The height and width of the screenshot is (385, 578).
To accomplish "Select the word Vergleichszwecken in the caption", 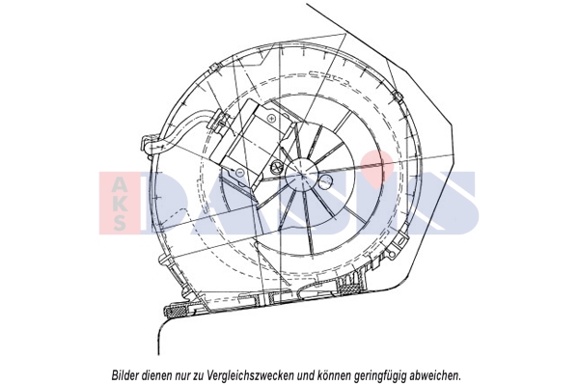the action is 250,375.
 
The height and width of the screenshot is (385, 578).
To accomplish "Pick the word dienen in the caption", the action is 154,375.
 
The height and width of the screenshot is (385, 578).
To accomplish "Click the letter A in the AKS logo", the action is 120,183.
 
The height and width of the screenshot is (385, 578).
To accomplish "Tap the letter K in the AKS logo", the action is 120,203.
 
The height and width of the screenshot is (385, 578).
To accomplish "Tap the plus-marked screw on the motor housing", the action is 272,119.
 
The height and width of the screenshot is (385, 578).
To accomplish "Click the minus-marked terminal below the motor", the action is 239,172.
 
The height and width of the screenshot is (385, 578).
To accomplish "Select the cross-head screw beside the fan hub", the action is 276,167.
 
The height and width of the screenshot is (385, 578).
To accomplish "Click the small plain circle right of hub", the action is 325,180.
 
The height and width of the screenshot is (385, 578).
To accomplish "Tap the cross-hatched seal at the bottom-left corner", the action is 179,312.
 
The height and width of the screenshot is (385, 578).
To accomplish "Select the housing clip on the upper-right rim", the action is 397,96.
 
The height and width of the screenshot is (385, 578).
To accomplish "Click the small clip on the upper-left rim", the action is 214,68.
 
